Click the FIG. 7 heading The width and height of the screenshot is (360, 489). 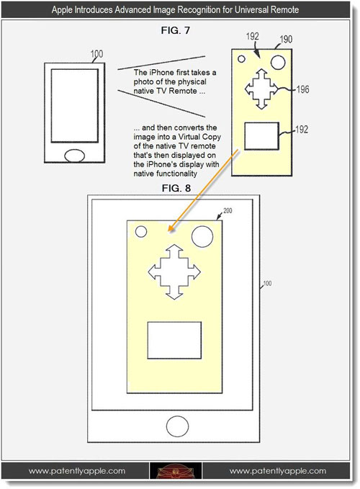(176, 30)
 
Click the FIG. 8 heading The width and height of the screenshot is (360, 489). (176, 188)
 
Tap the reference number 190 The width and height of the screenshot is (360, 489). (286, 40)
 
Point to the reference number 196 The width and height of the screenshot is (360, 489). (302, 89)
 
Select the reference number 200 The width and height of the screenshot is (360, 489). (228, 211)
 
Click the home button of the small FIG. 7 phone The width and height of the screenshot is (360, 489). (74, 156)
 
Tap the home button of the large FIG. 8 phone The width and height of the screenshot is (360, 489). (177, 426)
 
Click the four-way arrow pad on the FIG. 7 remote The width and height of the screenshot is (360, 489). (261, 89)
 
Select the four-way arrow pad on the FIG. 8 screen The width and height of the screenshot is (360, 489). (174, 272)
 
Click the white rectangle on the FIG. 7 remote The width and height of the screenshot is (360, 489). (261, 136)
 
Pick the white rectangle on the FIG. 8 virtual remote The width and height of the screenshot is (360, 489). (174, 340)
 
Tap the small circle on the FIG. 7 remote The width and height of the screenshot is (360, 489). (241, 58)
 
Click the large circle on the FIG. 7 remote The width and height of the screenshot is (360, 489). (278, 62)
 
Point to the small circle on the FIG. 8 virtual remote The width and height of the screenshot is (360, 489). (141, 232)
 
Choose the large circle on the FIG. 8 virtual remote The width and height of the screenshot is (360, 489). (202, 237)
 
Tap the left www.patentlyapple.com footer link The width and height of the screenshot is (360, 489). (77, 470)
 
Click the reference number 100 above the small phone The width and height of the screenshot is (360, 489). (96, 54)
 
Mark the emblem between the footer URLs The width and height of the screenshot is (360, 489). (176, 470)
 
